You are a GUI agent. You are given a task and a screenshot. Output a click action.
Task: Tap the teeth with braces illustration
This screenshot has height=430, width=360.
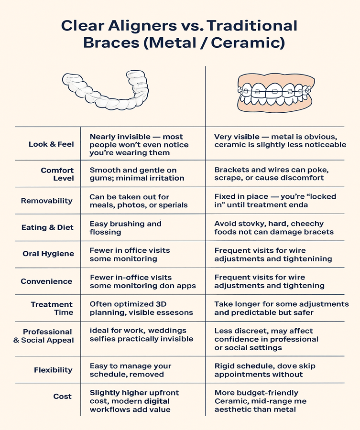point(272,93)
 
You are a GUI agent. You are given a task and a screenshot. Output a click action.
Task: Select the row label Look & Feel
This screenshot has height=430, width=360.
point(51,144)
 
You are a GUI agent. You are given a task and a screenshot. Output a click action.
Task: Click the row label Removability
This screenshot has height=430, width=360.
point(47,201)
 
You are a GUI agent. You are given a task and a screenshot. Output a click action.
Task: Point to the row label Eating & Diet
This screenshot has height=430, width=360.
point(47,227)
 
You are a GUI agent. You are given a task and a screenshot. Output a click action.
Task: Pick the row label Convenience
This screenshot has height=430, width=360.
point(47,281)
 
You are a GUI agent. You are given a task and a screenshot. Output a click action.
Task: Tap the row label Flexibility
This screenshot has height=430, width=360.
point(53,370)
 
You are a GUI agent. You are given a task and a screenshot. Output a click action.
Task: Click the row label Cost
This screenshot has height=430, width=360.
point(63,397)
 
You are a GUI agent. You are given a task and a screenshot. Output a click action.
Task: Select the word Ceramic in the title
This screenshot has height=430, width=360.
point(249,43)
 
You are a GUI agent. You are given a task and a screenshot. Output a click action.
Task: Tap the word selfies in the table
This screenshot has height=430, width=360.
point(102,339)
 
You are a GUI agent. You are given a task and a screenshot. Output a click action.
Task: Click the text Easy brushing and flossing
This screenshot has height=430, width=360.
point(125,227)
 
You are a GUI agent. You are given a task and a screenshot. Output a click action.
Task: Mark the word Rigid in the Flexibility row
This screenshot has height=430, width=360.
point(225,366)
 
